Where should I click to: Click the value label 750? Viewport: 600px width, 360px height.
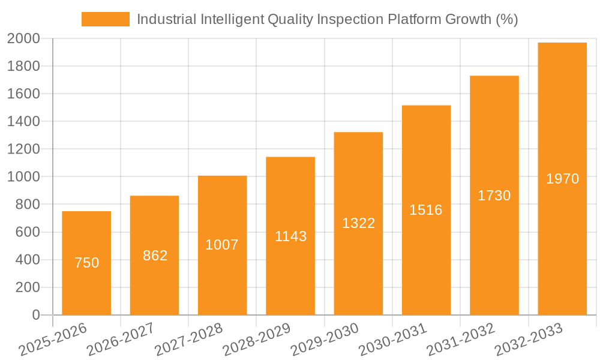click(86, 263)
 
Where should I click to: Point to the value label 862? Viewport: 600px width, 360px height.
click(155, 256)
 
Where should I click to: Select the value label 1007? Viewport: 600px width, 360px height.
click(222, 245)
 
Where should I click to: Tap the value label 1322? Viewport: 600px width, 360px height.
click(358, 223)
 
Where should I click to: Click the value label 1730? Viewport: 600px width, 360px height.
click(494, 196)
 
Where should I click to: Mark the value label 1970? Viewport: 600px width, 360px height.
click(562, 179)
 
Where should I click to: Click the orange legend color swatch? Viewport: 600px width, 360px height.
click(106, 19)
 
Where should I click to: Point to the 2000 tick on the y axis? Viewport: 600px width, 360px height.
click(24, 39)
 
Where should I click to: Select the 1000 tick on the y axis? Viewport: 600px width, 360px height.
click(24, 177)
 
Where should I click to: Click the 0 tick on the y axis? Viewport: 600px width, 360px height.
click(35, 315)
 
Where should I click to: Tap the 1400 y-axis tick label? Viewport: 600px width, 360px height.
click(24, 122)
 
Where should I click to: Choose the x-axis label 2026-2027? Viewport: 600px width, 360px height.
click(120, 340)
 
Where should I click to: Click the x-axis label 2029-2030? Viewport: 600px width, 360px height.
click(324, 340)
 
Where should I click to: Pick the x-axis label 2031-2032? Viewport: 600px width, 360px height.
click(460, 340)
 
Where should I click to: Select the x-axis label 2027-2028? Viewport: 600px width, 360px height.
click(188, 340)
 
